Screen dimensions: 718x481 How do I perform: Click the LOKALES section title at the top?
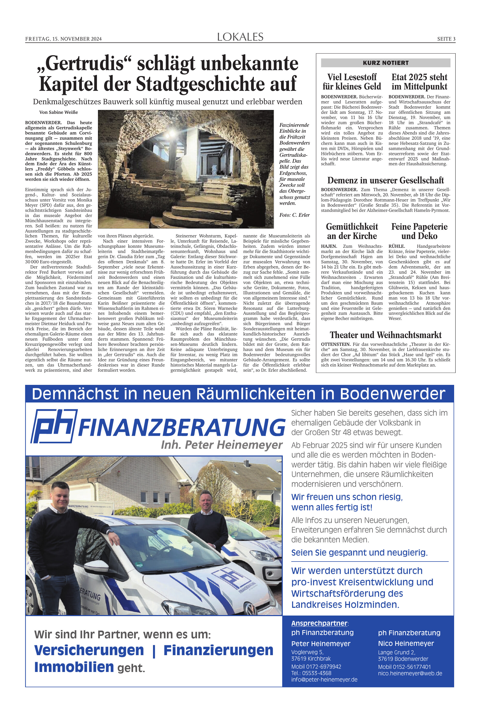coord(240,37)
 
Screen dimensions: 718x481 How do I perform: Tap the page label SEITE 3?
coord(446,39)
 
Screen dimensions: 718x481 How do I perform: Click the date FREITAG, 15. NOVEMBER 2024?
coord(63,39)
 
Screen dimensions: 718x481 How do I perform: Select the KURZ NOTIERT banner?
coord(386,63)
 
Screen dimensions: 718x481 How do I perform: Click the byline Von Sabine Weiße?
coord(59,112)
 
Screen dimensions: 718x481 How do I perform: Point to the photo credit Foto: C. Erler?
coord(294,215)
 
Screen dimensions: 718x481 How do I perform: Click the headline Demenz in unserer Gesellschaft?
coord(386,180)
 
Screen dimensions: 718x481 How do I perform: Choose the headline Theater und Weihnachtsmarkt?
coord(386,335)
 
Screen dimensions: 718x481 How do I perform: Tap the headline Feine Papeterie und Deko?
coord(419,231)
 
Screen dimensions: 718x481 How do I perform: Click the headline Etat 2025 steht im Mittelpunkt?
coord(419,82)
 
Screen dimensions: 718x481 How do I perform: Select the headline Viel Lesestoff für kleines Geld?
coord(352,82)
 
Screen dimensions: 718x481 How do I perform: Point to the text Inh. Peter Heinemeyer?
coord(222,445)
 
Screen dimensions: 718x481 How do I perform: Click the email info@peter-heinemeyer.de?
coord(324,679)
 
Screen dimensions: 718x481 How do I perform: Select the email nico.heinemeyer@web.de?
coord(410,673)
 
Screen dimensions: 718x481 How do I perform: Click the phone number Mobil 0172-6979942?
coord(316,667)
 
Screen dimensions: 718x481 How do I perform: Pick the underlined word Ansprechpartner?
coord(319,623)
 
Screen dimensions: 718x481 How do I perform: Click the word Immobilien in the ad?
coord(74,667)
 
